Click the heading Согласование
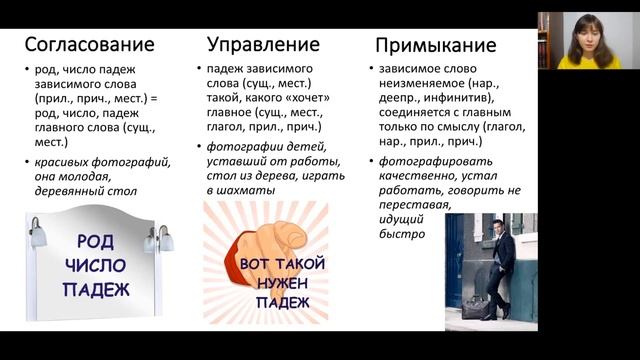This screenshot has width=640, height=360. click(x=89, y=44)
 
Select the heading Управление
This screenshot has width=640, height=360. click(x=263, y=44)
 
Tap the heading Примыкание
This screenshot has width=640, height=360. click(x=435, y=46)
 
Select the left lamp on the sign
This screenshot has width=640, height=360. click(x=38, y=237)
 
